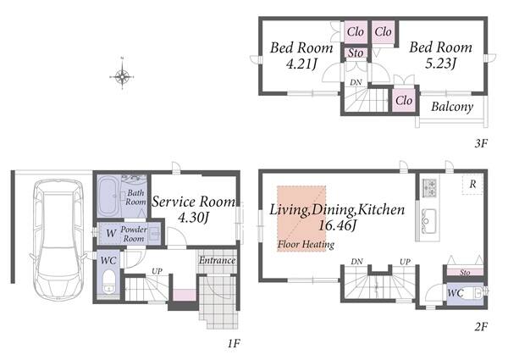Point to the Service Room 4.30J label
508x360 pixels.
coord(194,209)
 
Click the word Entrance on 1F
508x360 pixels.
coord(217,260)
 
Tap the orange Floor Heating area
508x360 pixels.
coord(301,219)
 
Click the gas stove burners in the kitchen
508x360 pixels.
coord(429,187)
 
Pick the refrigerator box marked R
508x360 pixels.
coord(472,185)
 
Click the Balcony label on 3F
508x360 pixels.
coord(452,107)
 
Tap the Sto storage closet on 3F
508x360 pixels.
coord(356,53)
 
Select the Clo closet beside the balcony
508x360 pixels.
coord(404,100)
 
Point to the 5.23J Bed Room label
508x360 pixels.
coord(440,55)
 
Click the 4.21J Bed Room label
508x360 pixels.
coord(301,55)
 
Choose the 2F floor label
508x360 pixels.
coord(481,327)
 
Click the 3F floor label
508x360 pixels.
coord(481,143)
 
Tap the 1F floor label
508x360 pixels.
coord(234,343)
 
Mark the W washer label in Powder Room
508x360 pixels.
coord(111,233)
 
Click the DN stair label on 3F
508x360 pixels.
coord(356,82)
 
